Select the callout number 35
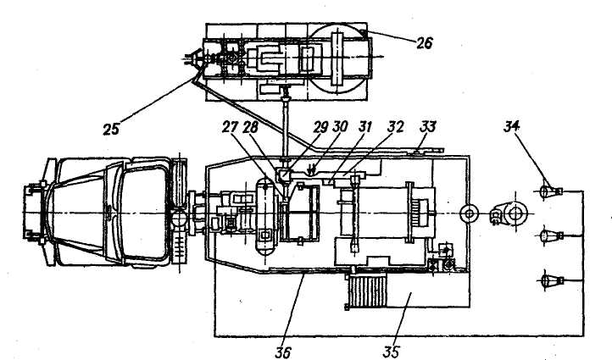(x=391, y=348)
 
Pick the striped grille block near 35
(x=367, y=290)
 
